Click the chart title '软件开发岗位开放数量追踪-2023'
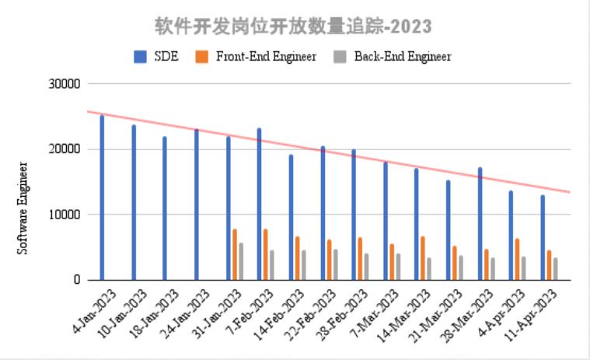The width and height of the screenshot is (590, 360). coord(292,26)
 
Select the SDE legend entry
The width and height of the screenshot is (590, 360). coord(157,56)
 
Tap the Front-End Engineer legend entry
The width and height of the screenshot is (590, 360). coord(256,56)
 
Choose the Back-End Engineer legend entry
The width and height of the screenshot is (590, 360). coord(393,56)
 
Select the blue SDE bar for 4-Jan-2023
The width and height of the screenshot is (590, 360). coord(102,197)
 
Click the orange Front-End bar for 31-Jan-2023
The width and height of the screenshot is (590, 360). coord(235,254)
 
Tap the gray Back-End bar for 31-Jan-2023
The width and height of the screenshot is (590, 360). coord(241,261)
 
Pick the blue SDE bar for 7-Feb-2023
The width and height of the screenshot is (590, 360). coord(260,204)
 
